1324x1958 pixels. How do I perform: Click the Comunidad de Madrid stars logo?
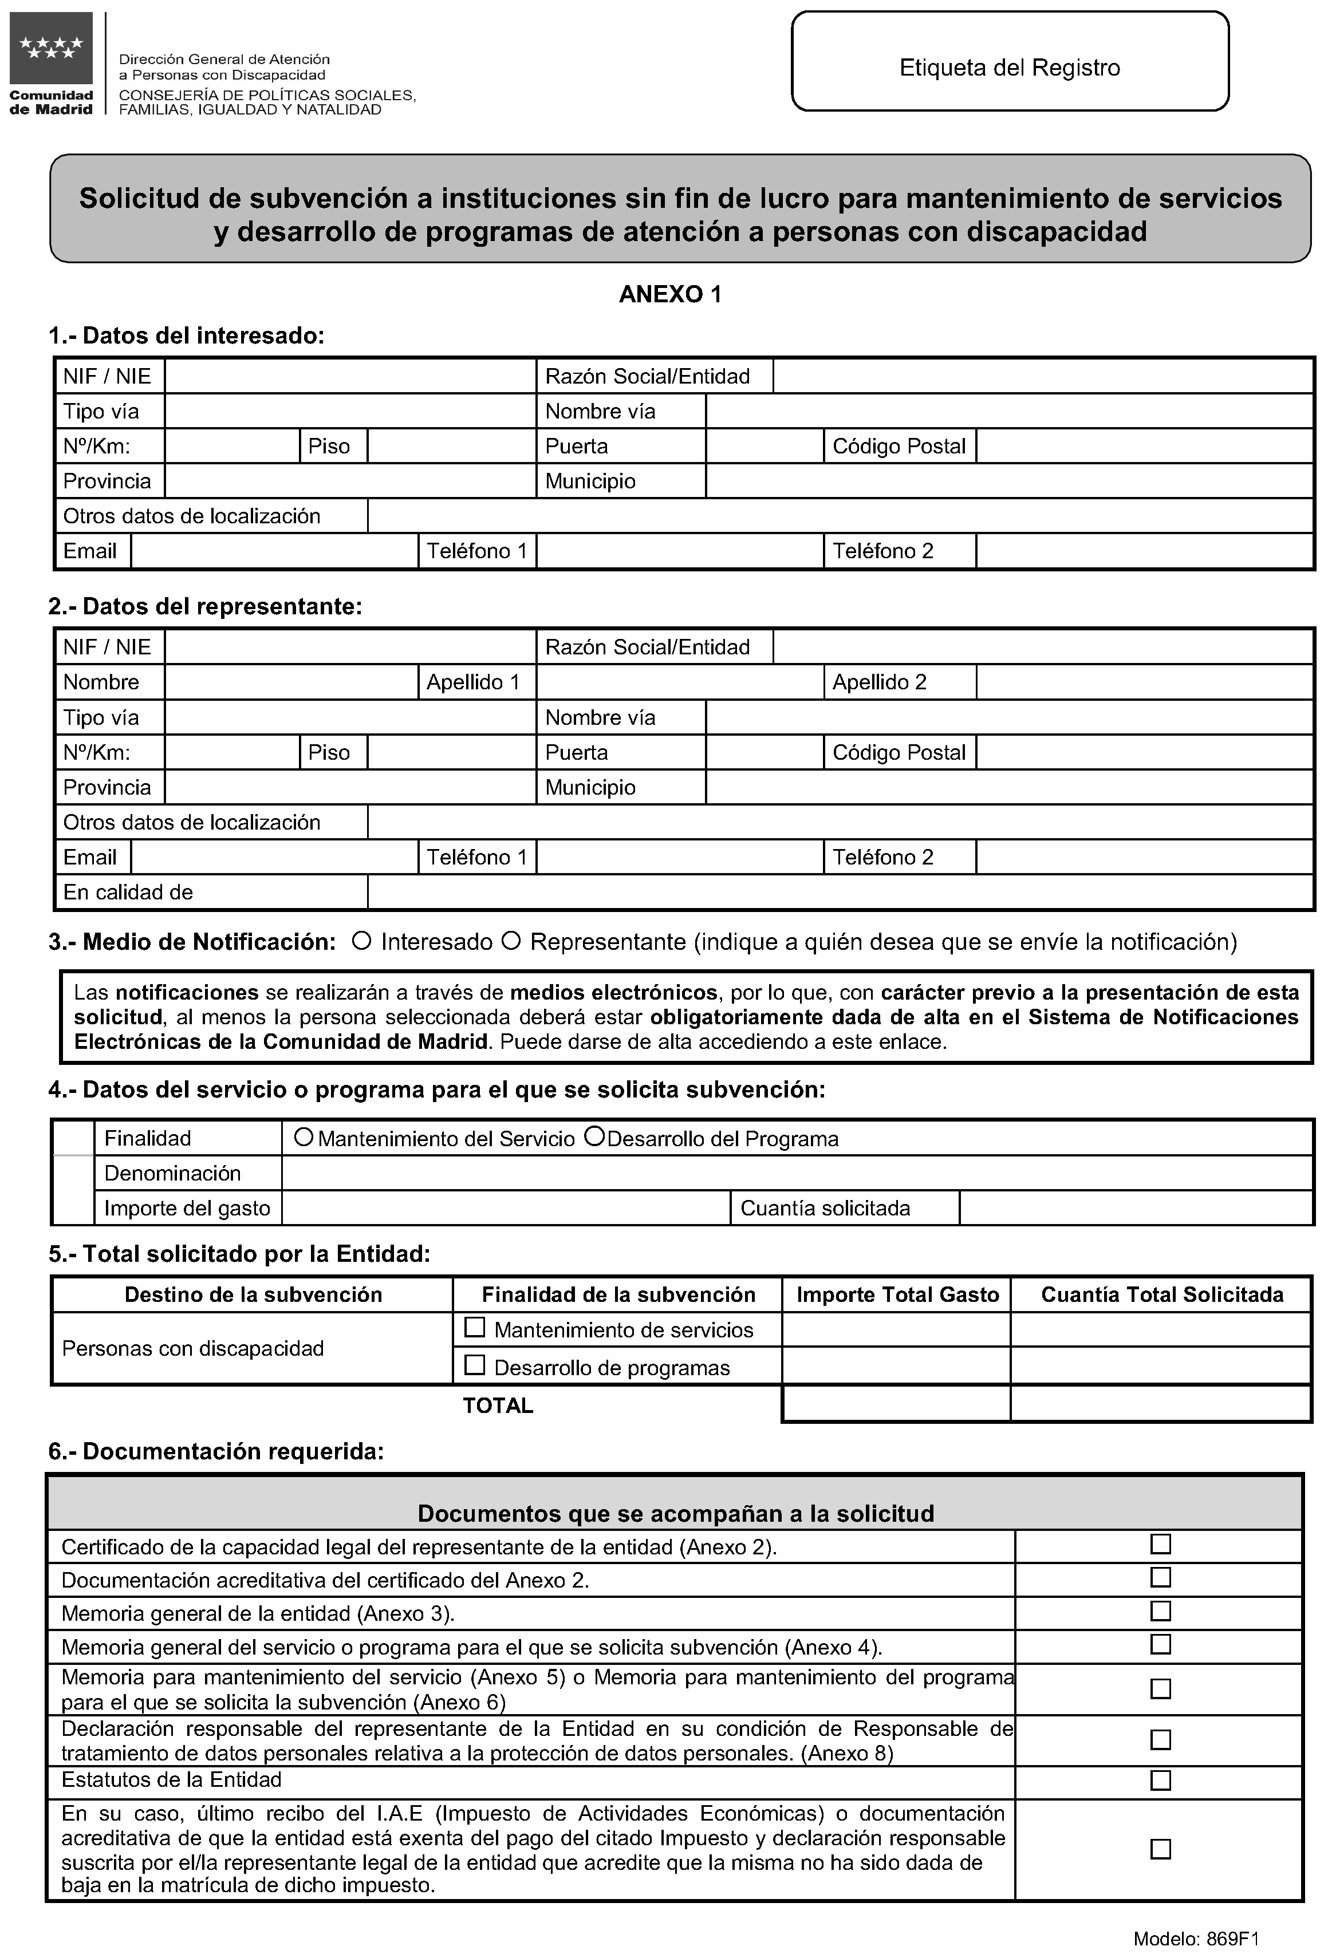pos(52,48)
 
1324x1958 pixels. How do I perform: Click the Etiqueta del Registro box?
pos(1009,61)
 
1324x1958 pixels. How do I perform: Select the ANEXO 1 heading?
pos(669,294)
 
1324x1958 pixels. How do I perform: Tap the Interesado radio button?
pos(361,941)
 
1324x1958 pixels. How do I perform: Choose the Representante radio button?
pos(511,941)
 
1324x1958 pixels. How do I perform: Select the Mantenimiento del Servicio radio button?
pos(304,1138)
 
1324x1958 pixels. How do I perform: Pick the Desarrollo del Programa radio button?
pos(594,1138)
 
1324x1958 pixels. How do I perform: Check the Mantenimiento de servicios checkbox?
pos(475,1328)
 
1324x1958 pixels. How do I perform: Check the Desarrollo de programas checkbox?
pos(475,1365)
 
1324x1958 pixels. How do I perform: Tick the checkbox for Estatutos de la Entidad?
pos(1160,1780)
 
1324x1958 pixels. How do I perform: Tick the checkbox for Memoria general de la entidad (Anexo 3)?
pos(1160,1611)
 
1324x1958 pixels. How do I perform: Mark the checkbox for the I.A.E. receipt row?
pos(1160,1849)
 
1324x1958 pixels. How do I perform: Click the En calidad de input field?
pos(840,892)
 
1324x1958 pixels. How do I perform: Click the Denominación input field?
pos(797,1173)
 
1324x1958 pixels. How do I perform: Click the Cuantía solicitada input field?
pos(1135,1208)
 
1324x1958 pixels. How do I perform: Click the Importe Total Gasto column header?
pos(897,1294)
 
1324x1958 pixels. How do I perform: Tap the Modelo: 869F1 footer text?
pos(1195,1939)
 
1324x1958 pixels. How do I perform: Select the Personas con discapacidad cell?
pos(193,1348)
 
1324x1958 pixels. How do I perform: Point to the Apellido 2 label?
pos(879,682)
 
